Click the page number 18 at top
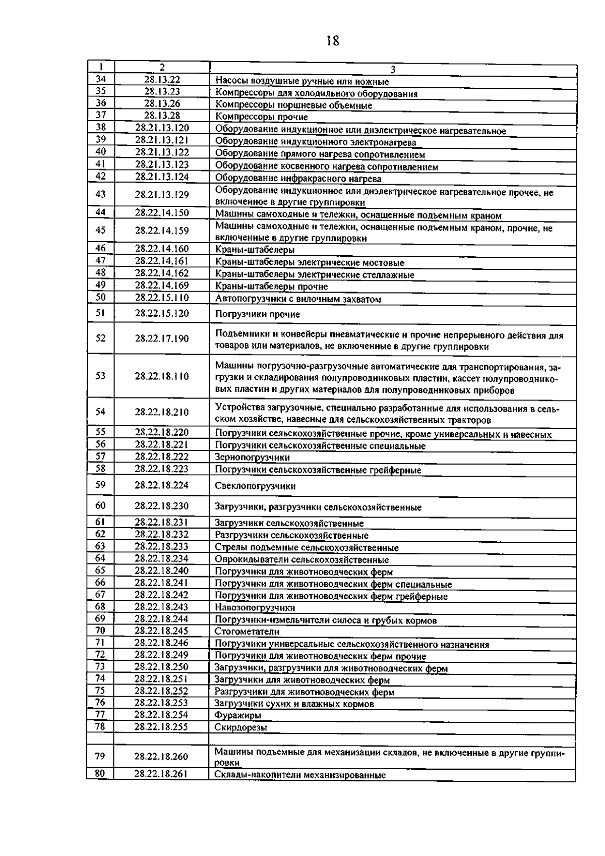tap(333, 41)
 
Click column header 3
tap(393, 70)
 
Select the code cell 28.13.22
tap(162, 79)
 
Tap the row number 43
tap(100, 194)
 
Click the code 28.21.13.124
tap(162, 177)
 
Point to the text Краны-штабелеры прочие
tap(271, 287)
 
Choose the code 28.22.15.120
tap(162, 313)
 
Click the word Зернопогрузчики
tap(252, 458)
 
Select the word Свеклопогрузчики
tap(255, 486)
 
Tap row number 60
tap(100, 505)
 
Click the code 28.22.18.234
tap(161, 558)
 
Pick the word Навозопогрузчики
tap(255, 608)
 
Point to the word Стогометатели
tap(247, 632)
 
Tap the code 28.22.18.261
tap(161, 774)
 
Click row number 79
tap(100, 756)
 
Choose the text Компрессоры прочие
tap(261, 117)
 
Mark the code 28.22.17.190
tap(162, 338)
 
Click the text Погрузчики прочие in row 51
tap(257, 314)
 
